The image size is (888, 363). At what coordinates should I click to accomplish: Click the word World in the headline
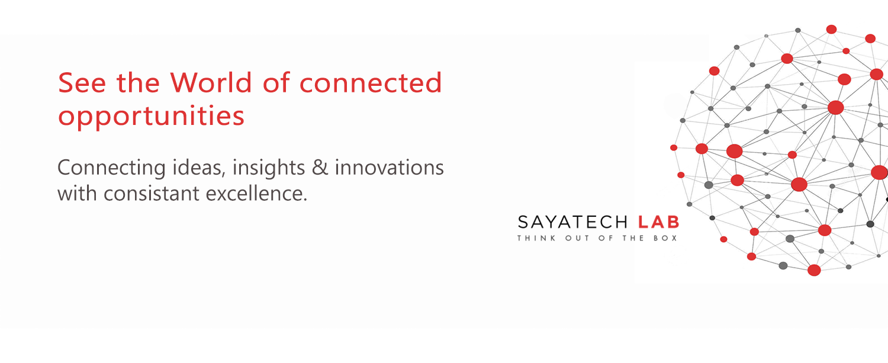[211, 82]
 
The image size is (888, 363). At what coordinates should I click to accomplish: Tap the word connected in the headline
[370, 82]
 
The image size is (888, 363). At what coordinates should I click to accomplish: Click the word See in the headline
[82, 82]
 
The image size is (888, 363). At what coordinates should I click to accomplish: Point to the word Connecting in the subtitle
[111, 168]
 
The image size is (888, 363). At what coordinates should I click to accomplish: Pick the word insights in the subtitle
[268, 168]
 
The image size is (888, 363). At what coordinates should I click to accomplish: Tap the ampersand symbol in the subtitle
[320, 168]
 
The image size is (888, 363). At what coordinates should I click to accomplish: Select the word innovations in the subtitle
[390, 167]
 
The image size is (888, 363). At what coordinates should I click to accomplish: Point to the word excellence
[256, 193]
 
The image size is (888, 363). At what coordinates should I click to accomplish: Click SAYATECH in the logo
[572, 222]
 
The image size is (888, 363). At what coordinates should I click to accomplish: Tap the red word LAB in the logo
[658, 222]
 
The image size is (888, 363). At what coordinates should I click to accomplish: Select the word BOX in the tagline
[665, 238]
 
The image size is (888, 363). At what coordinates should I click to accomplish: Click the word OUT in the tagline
[577, 238]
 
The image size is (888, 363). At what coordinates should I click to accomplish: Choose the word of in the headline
[276, 82]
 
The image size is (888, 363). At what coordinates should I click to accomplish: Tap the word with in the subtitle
[77, 194]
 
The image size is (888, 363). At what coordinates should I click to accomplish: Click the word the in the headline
[138, 82]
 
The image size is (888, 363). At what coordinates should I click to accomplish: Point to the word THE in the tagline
[633, 238]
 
